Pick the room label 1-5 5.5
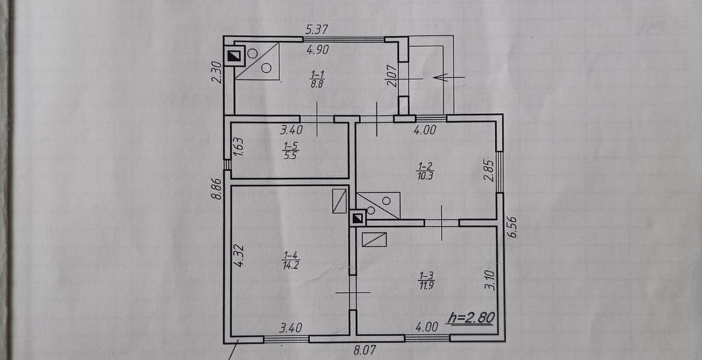click(x=289, y=151)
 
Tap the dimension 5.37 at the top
click(x=317, y=30)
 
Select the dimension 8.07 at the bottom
click(x=364, y=349)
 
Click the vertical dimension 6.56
click(x=512, y=227)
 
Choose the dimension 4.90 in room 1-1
click(x=317, y=50)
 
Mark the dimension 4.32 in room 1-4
click(x=239, y=256)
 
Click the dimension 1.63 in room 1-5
click(x=239, y=147)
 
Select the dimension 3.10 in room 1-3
click(x=491, y=279)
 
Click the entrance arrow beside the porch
click(x=449, y=77)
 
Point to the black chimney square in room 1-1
click(x=233, y=56)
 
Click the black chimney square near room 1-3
click(x=357, y=218)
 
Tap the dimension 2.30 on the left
click(x=217, y=72)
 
